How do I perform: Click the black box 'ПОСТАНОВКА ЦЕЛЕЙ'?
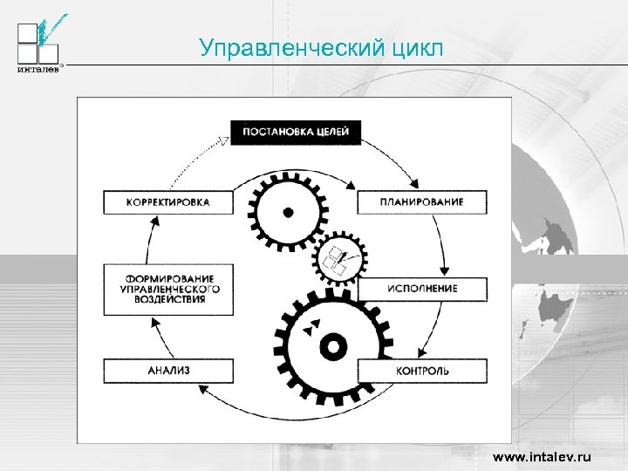[295, 133]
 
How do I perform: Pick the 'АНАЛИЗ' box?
[168, 371]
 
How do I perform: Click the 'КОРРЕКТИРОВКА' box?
[168, 202]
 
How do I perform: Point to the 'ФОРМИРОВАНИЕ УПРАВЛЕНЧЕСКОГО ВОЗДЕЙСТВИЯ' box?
[168, 288]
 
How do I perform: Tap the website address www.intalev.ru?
[542, 457]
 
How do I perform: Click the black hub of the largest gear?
[332, 348]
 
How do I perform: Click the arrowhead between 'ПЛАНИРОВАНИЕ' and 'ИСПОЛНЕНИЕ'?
[443, 269]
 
